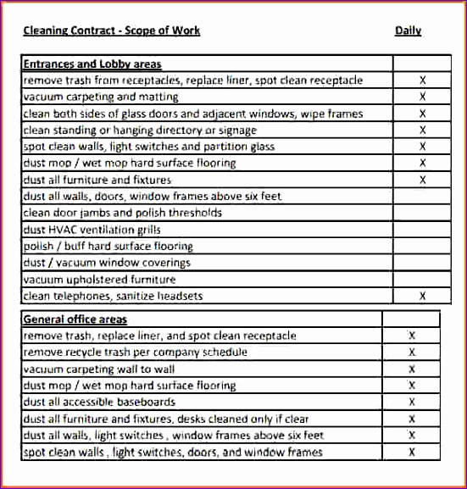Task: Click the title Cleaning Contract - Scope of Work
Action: pyautogui.click(x=111, y=31)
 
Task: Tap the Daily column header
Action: pyautogui.click(x=408, y=31)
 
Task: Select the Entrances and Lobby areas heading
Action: pyautogui.click(x=92, y=64)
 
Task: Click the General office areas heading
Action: pyautogui.click(x=75, y=320)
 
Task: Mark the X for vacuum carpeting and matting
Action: pyautogui.click(x=422, y=97)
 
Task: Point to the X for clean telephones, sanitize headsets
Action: pyautogui.click(x=422, y=296)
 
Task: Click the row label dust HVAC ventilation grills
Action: pyautogui.click(x=92, y=230)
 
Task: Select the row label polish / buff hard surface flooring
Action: pyautogui.click(x=108, y=247)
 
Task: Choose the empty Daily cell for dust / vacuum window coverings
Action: pyautogui.click(x=422, y=263)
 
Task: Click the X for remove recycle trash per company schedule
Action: pyautogui.click(x=412, y=353)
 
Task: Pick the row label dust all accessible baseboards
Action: pyautogui.click(x=100, y=402)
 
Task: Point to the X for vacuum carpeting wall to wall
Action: pyautogui.click(x=412, y=370)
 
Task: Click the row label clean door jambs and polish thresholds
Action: pyautogui.click(x=123, y=214)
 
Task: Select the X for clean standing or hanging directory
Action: pyautogui.click(x=422, y=131)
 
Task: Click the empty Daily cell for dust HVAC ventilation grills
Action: pyautogui.click(x=422, y=230)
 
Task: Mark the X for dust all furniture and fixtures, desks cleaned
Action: pyautogui.click(x=412, y=419)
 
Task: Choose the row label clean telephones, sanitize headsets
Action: pyautogui.click(x=114, y=297)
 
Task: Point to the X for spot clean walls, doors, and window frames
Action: pyautogui.click(x=412, y=452)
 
